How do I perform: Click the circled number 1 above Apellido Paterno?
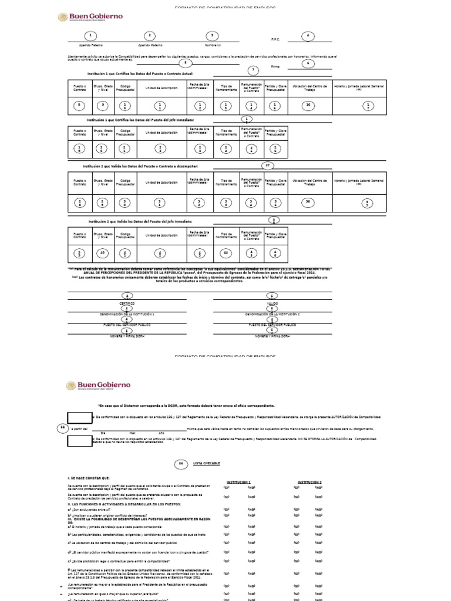point(90,36)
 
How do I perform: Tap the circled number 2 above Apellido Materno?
point(150,36)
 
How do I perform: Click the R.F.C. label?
point(276,39)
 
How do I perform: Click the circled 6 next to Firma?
point(307,63)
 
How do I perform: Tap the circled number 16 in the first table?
point(307,105)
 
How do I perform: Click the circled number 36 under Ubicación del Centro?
point(307,202)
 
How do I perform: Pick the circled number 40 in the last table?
point(103,254)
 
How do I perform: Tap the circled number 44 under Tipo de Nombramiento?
point(225,254)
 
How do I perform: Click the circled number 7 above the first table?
point(254,70)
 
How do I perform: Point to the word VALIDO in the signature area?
point(272,303)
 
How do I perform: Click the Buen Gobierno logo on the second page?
point(98,386)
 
